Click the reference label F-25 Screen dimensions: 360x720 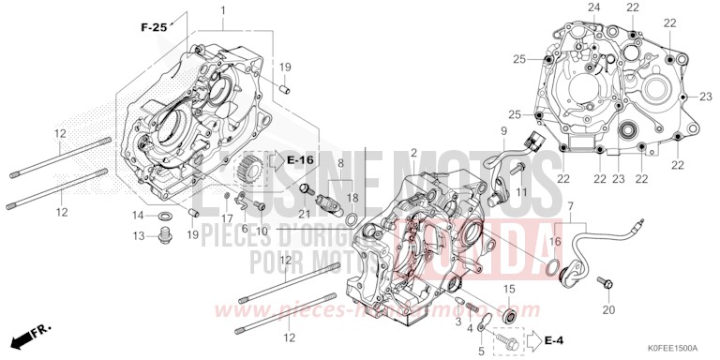pos(153,28)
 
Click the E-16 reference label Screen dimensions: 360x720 pos(299,160)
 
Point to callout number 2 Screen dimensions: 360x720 pos(413,152)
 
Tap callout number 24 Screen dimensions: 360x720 pos(592,7)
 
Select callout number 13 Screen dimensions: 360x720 pos(137,234)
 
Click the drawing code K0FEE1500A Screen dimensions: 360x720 pos(670,349)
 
